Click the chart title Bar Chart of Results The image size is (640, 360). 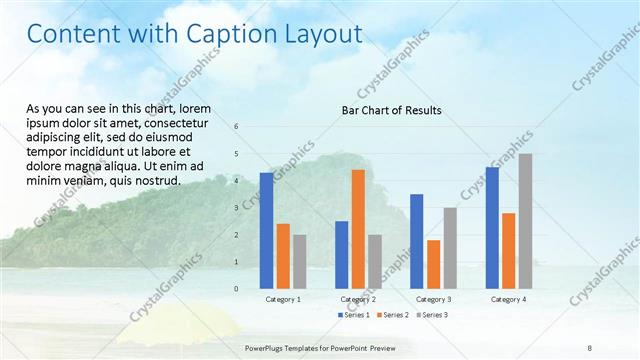point(391,110)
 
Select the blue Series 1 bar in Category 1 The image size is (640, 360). point(266,231)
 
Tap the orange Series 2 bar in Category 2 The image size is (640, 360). point(357,229)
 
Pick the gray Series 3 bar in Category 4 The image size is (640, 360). point(525,221)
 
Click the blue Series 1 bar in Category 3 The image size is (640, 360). point(416,241)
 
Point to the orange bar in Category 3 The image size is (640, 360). point(433,264)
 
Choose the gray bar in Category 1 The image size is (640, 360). point(300,262)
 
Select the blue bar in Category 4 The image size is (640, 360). point(492,228)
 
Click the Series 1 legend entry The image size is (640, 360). point(354,315)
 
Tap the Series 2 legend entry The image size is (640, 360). point(393,315)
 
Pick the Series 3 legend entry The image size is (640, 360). point(432,315)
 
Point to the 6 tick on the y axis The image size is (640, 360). point(236,127)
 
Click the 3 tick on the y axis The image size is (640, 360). point(236,208)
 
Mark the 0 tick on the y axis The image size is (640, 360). point(236,289)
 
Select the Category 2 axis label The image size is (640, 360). point(358,300)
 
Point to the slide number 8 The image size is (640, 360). point(591,346)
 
